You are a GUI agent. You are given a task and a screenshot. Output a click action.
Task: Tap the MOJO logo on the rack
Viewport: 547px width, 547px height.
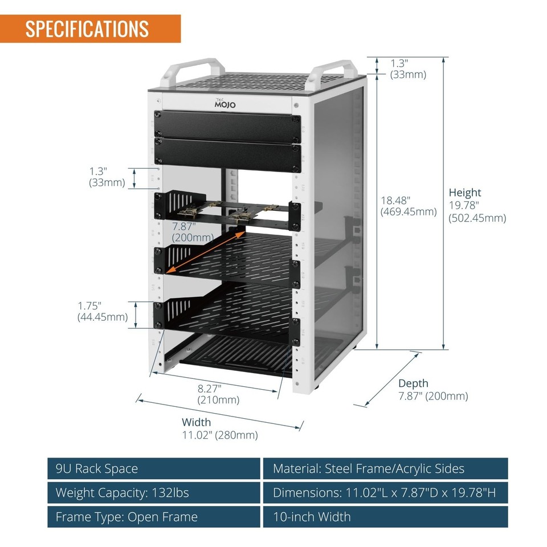pos(224,104)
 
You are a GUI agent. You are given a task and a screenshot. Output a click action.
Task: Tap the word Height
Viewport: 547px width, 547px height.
pos(464,193)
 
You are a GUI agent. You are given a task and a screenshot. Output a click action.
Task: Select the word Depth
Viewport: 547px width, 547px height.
pos(413,383)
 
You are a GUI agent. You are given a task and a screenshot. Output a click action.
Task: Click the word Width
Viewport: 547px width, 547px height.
pos(196,422)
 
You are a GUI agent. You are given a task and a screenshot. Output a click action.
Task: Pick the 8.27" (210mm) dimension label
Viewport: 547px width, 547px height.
pos(218,394)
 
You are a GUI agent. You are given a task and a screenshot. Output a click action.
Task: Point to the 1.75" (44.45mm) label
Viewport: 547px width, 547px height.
pos(103,312)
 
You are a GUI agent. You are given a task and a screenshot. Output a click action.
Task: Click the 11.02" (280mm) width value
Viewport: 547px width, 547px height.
pos(219,435)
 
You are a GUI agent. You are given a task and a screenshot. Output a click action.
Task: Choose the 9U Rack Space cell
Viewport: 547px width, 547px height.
pos(154,469)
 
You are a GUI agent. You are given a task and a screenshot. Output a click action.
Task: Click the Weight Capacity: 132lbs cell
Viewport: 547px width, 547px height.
pos(154,493)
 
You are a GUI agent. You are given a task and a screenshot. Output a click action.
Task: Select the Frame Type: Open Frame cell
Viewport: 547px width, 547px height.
pos(154,517)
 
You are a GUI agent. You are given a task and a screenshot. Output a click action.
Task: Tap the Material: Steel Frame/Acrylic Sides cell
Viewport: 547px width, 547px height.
pos(385,469)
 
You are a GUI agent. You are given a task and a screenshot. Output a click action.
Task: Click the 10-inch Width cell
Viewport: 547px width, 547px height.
pos(385,517)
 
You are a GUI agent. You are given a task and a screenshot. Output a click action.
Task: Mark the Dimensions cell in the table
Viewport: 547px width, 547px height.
pos(385,493)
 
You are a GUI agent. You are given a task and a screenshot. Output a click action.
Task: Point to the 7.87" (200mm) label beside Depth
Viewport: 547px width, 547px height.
pos(433,396)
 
